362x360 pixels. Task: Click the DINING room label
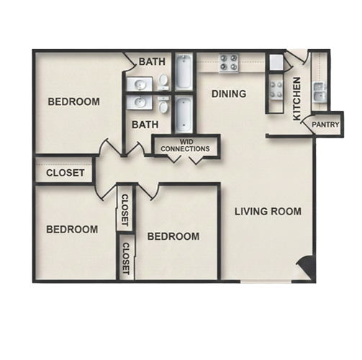coord(229,94)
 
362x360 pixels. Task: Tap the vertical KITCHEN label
coord(297,99)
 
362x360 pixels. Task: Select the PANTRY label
coord(325,125)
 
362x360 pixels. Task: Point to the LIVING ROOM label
coord(268,212)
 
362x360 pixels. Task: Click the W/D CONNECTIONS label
coord(185,145)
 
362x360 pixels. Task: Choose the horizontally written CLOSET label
coord(65,173)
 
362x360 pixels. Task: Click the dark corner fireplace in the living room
coord(305,267)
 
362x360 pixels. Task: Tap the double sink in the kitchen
coord(320,92)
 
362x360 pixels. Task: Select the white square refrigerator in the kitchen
coord(276,62)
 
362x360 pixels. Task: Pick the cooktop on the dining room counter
coord(229,63)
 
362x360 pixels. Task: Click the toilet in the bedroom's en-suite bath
coord(163,81)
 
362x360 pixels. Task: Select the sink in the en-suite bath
coord(140,84)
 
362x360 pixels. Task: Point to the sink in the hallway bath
coord(140,102)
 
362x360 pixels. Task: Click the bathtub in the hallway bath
coord(184,114)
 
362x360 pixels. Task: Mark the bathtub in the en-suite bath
coord(184,71)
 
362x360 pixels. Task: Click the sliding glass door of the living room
coord(266,281)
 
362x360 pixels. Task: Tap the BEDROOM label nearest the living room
coord(173,236)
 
